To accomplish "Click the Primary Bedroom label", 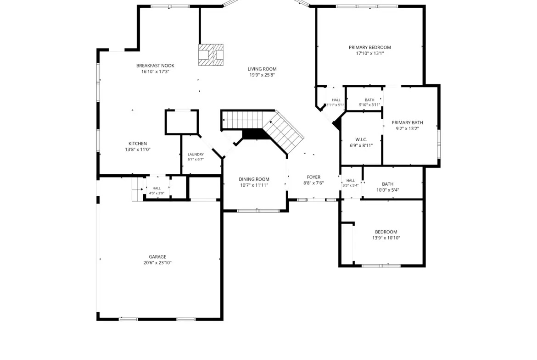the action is [x=369, y=48].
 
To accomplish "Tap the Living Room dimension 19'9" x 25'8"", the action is [x=262, y=75].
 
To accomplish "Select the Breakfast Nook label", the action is [x=155, y=66].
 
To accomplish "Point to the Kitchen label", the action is [x=138, y=144].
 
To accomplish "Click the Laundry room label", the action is [x=196, y=155].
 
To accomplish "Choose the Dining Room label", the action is [x=254, y=179].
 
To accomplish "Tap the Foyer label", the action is [x=313, y=177].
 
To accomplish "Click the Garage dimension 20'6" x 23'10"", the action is [x=157, y=263].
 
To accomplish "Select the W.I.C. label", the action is [x=361, y=139].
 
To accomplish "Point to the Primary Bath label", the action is [x=407, y=123].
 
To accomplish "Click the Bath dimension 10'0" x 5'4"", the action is [x=388, y=190].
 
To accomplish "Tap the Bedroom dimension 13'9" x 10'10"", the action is [x=386, y=238].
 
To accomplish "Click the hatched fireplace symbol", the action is [x=211, y=55].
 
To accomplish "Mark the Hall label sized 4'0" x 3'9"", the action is [x=157, y=188].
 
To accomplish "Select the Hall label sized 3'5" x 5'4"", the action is [x=351, y=181].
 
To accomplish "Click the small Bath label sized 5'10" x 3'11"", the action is [x=369, y=100].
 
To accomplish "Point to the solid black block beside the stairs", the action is [x=255, y=134].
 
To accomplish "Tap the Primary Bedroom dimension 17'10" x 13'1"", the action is [x=370, y=53].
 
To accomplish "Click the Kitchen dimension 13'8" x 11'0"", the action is [x=138, y=150].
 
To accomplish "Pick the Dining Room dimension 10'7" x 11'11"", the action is [x=254, y=185].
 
